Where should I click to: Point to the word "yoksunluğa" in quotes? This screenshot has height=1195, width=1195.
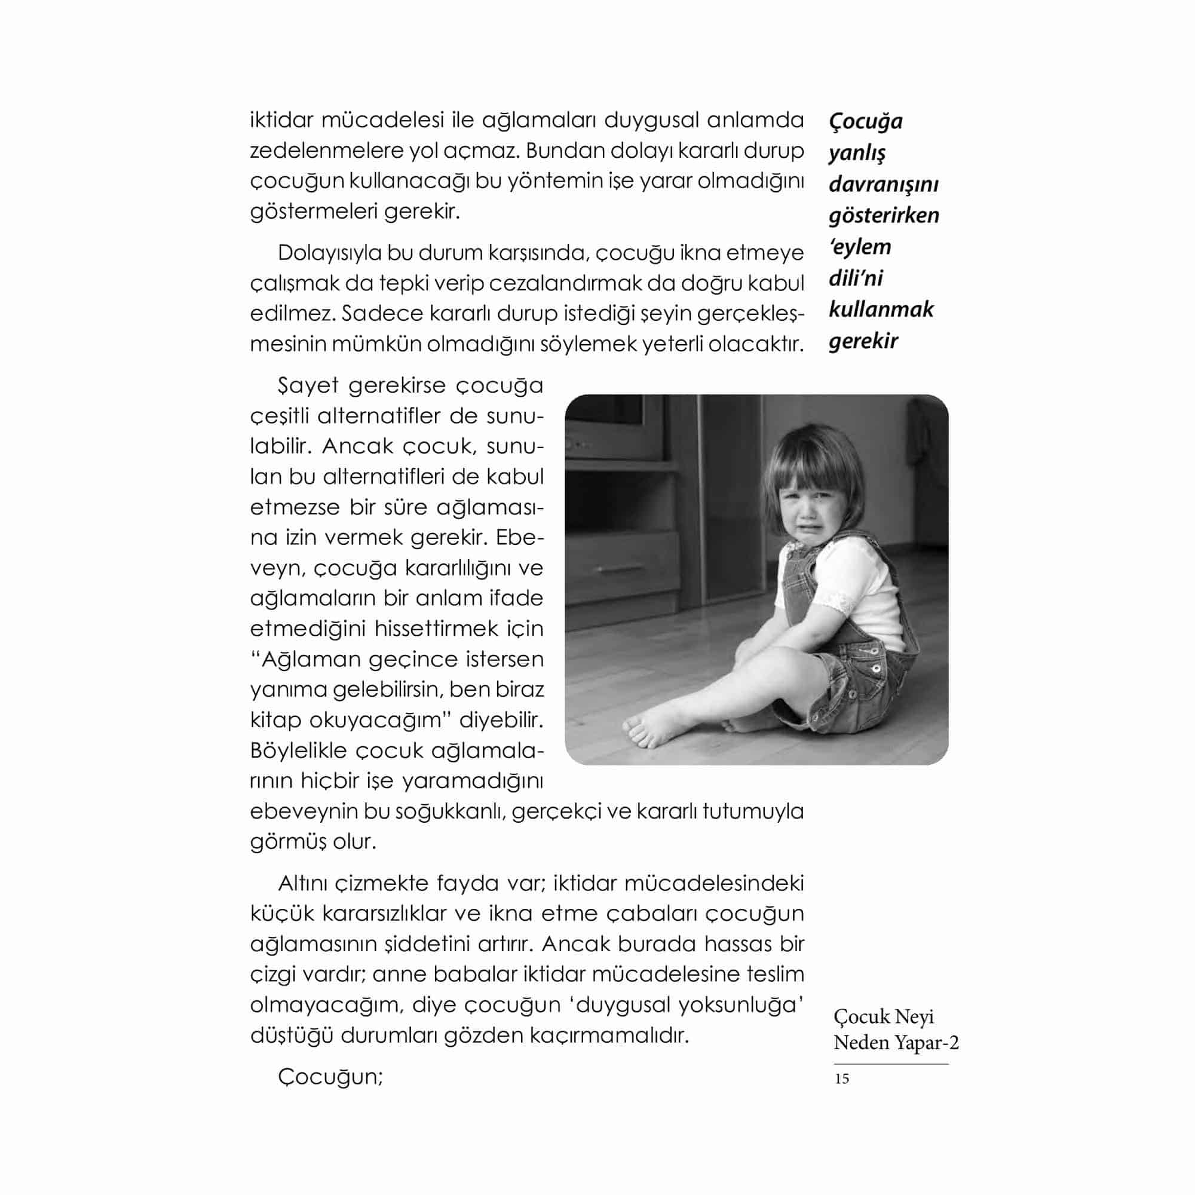[740, 1005]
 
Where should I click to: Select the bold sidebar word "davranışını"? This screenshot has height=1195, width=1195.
[883, 184]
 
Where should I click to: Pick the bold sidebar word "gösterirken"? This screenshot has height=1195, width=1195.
[883, 215]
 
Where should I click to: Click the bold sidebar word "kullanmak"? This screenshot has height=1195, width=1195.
[880, 310]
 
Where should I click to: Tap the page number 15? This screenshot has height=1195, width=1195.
[841, 1078]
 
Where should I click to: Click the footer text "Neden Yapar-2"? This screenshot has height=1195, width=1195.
[896, 1043]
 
